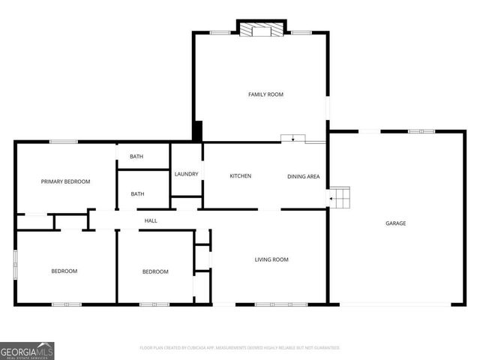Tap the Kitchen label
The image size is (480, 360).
point(240,176)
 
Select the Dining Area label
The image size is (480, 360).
point(304,176)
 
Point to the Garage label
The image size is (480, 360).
point(396,223)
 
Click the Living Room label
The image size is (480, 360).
point(271,259)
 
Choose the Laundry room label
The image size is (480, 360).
point(186,174)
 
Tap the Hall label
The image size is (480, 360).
point(151,220)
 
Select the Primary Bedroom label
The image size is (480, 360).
point(65,181)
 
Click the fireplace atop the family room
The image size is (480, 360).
point(262,29)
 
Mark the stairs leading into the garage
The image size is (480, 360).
point(341,198)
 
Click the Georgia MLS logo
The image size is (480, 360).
point(27,350)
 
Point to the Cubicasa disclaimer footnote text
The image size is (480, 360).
point(240,348)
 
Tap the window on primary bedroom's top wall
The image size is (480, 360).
point(64,142)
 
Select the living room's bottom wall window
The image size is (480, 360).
point(271,304)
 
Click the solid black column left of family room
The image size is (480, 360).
point(197,131)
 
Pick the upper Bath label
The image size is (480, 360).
point(136,157)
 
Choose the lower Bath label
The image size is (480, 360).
point(138,194)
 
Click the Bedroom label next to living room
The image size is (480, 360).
point(155,271)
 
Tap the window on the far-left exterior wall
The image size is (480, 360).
point(15,265)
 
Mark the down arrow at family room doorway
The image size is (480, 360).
point(292,139)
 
